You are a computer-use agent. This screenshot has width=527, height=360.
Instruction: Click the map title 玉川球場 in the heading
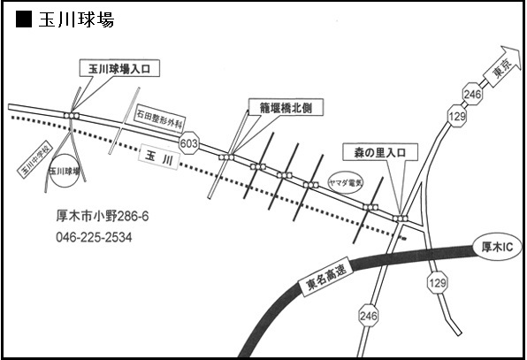(77, 19)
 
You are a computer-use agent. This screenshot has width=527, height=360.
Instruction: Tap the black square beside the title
(24, 19)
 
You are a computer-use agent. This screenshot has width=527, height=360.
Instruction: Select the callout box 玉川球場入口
(119, 69)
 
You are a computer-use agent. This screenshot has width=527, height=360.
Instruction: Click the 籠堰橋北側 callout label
(286, 108)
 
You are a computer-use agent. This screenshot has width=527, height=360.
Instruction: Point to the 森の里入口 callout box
(380, 152)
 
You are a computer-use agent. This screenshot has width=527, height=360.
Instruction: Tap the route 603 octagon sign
(189, 143)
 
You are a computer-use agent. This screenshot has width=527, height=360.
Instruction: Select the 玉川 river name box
(158, 157)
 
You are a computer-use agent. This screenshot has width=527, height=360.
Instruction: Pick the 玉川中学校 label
(35, 160)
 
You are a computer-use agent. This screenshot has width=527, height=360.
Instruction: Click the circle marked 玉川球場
(65, 171)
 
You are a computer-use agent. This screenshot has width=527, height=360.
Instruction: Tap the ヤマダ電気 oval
(346, 182)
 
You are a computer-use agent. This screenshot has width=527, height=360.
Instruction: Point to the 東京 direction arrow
(502, 67)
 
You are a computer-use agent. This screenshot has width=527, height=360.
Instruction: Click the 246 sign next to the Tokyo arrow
(472, 94)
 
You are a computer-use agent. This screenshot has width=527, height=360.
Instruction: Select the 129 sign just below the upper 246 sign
(457, 116)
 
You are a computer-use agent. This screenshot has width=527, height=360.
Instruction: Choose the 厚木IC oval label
(498, 247)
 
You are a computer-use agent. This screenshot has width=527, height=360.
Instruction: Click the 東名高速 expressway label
(326, 279)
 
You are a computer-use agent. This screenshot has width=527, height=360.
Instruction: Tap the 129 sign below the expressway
(438, 282)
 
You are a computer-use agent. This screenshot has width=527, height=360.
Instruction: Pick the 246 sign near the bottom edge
(369, 316)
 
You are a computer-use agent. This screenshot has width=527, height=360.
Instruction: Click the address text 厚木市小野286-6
(103, 216)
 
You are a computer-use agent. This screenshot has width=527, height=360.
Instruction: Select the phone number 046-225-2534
(94, 237)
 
